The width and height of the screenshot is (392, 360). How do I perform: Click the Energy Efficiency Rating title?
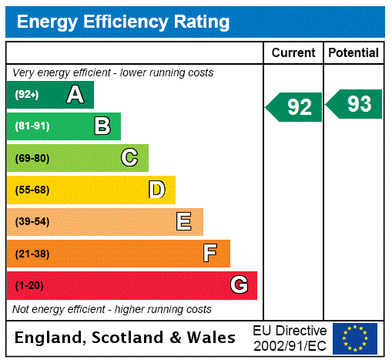[x=123, y=22]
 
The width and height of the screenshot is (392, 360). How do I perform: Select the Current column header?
[x=293, y=53]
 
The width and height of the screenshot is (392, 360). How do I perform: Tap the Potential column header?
[x=353, y=53]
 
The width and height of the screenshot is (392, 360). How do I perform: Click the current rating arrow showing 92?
[x=295, y=107]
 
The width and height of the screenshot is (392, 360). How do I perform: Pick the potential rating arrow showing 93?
[x=354, y=104]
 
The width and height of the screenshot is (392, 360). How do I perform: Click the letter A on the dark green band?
[x=75, y=95]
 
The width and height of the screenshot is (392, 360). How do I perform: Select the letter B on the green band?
[x=102, y=126]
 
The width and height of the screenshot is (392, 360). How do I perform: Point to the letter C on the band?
[x=129, y=158]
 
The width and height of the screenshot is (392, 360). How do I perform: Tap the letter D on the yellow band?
[x=156, y=190]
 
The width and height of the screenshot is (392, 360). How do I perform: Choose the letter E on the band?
[x=184, y=222]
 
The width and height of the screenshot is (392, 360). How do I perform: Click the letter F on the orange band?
[x=210, y=254]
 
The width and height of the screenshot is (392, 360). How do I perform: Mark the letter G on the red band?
[x=239, y=286]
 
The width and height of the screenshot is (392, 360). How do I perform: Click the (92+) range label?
[x=27, y=95]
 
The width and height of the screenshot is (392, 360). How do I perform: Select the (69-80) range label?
[x=32, y=158]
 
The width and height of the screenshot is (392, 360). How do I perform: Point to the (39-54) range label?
[x=32, y=222]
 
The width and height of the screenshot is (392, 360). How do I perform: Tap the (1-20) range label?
[x=29, y=286]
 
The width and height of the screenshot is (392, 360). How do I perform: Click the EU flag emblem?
[x=355, y=338]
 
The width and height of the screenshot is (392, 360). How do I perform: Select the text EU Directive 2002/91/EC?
[x=290, y=338]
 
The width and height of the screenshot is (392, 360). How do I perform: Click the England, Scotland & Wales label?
[x=125, y=338]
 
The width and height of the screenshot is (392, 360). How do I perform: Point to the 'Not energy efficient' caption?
[x=112, y=309]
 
